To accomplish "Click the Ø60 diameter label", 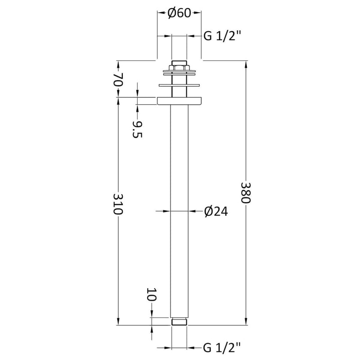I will pos(179,13).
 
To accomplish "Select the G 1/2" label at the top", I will pos(223,36).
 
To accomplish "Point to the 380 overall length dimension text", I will pos(246,193).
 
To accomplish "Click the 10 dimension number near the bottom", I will pos(152,296).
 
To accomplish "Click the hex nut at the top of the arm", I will pos(179,64).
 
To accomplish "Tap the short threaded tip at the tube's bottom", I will pos(179,321).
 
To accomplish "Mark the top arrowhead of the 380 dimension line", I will pos(246,63).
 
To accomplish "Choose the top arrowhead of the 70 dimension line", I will pos(118,63).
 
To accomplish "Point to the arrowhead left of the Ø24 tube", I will pos(169,210).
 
